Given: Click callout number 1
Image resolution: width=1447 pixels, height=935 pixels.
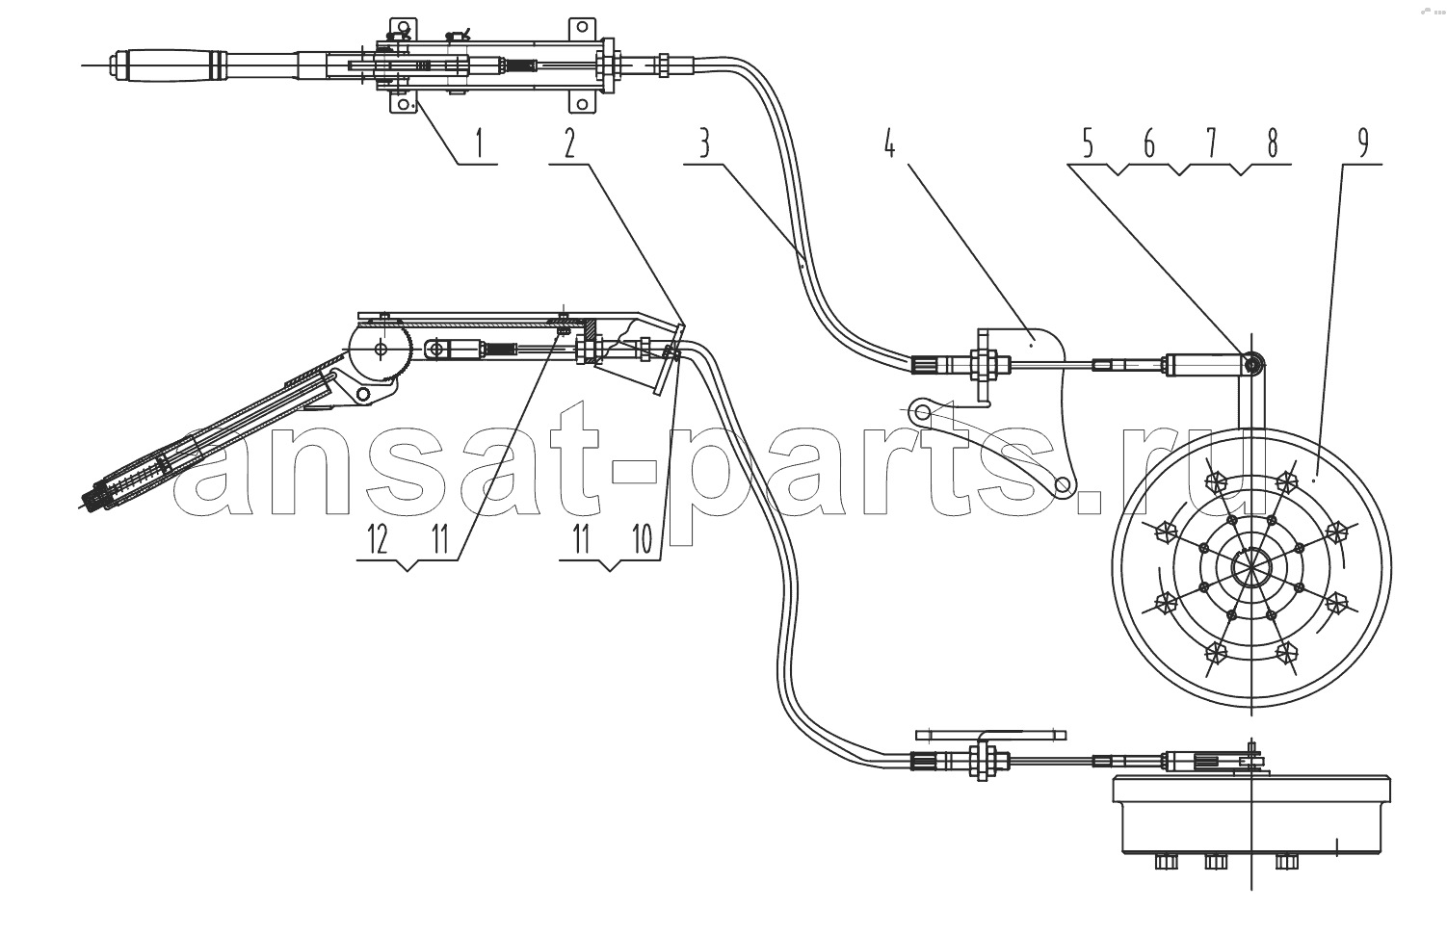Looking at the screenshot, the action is pos(479,143).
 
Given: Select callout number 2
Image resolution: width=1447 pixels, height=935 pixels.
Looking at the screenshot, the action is pos(569,143).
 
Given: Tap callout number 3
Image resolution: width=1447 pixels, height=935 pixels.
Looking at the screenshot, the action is pos(704,143).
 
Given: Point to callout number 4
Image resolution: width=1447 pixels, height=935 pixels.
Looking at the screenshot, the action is pos(890,143).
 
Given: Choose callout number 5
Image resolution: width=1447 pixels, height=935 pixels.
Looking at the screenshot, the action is pos(1088,143).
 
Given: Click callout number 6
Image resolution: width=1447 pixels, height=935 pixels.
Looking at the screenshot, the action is pos(1149,143).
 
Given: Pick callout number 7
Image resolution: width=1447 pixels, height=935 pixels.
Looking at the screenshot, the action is pos(1211,143).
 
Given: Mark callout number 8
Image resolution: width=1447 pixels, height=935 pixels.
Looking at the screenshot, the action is pos(1272,143).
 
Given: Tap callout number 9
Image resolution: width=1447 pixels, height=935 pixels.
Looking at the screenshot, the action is pos(1364,143).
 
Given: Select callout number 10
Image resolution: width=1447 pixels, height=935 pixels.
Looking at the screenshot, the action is pos(643,539).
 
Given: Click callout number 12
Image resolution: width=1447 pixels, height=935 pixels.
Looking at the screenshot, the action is pos(378,539).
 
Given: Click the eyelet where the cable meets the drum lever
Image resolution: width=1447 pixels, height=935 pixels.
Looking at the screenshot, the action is pos(1252,365).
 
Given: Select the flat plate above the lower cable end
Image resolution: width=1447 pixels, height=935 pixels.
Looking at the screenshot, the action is pos(991,735).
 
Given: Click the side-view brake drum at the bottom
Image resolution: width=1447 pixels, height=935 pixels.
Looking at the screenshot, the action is pos(1251,816).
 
